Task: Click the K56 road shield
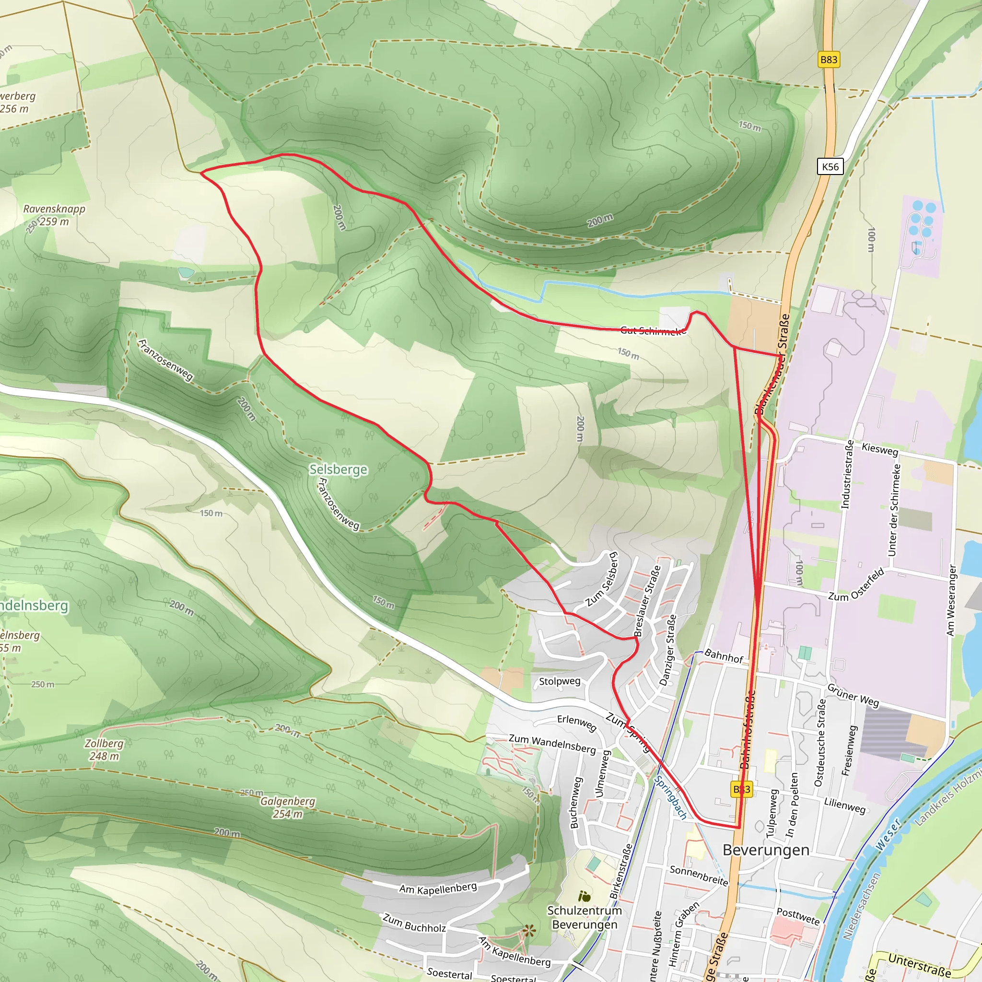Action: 830,166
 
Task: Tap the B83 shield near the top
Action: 829,59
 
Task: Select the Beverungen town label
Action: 765,850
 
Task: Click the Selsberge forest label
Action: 338,469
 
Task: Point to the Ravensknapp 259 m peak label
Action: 54,215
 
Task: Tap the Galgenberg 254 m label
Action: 288,807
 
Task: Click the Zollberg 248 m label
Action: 104,750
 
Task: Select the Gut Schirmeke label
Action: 653,331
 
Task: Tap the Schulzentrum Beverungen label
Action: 585,917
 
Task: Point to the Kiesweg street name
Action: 880,449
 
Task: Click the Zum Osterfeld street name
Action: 856,585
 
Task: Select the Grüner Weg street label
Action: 853,695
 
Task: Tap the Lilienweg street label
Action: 844,806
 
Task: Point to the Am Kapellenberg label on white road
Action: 438,888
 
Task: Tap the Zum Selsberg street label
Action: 602,579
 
